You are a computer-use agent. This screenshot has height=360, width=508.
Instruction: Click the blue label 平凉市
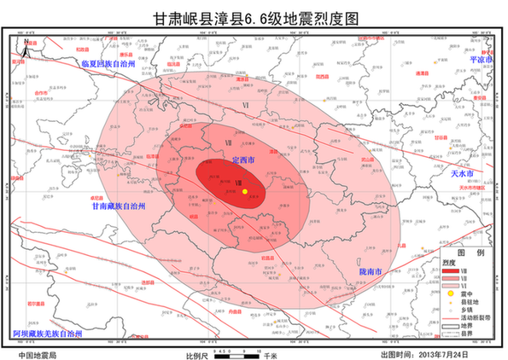click(x=483, y=60)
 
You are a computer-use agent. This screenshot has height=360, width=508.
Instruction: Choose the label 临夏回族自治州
click(x=114, y=64)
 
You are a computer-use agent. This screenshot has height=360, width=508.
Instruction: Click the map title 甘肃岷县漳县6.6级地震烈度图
click(x=254, y=16)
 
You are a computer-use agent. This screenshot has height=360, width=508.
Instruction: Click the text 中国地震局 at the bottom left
click(x=38, y=352)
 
